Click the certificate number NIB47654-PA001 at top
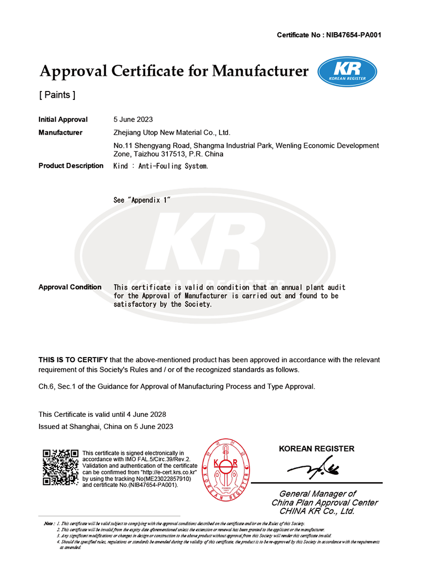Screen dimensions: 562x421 [354, 35]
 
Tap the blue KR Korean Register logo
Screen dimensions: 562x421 [347, 72]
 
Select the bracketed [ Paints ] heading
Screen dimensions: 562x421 [57, 95]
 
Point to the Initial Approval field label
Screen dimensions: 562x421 [63, 120]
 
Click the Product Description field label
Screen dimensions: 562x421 [71, 166]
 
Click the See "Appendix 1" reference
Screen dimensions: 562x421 [142, 200]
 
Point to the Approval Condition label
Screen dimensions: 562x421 [70, 287]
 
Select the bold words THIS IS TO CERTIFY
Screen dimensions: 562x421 [73, 360]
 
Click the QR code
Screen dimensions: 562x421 [60, 467]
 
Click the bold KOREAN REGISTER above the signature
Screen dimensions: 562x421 [316, 449]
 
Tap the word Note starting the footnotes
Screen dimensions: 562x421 [49, 525]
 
